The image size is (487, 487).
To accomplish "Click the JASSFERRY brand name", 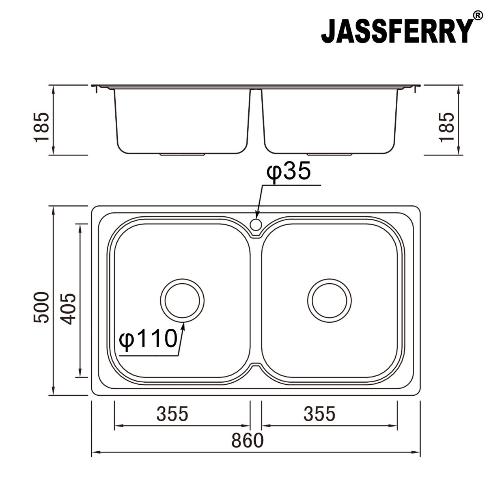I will pyautogui.click(x=397, y=31).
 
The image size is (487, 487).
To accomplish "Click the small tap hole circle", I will pyautogui.click(x=256, y=224).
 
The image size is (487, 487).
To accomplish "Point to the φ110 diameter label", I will pyautogui.click(x=149, y=338).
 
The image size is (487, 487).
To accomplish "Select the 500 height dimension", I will pyautogui.click(x=42, y=307).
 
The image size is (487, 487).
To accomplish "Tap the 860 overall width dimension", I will pyautogui.click(x=248, y=440).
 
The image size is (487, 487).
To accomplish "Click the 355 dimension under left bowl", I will pyautogui.click(x=173, y=414).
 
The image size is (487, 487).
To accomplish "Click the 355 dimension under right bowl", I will pyautogui.click(x=320, y=414).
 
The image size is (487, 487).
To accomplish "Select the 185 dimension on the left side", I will pyautogui.click(x=42, y=127).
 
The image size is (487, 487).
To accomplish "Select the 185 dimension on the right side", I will pyautogui.click(x=446, y=127).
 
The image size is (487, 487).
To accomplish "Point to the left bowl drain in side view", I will pyautogui.click(x=183, y=155).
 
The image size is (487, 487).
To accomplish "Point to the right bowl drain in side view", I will pyautogui.click(x=330, y=155).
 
